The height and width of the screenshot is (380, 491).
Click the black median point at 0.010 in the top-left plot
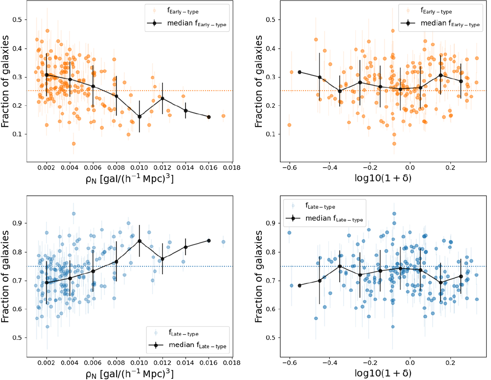(140, 117)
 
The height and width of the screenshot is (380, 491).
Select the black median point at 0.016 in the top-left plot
(209, 117)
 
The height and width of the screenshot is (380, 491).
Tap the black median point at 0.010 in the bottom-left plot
(140, 241)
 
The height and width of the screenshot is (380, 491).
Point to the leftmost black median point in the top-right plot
(300, 72)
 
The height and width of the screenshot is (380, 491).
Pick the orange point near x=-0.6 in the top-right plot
(289, 125)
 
